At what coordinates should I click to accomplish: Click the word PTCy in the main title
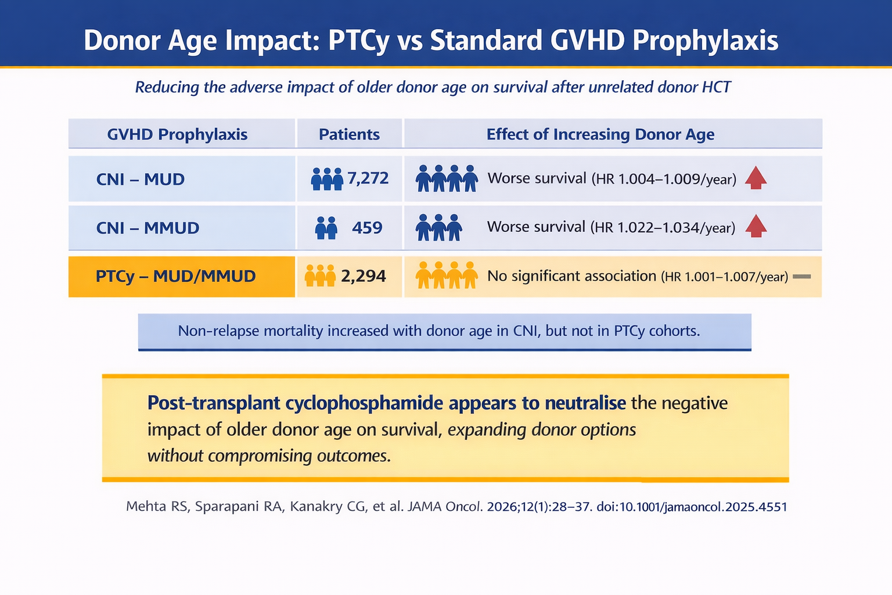359,41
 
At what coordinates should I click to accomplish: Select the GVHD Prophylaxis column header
177,134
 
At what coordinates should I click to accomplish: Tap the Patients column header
349,134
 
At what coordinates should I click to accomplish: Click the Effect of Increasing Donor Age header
600,134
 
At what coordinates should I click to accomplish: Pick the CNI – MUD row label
140,179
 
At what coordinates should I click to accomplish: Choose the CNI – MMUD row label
148,228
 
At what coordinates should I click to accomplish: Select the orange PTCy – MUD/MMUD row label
175,276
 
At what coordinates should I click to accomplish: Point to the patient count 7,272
368,178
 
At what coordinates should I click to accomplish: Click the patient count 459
367,227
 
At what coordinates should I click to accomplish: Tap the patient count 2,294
363,276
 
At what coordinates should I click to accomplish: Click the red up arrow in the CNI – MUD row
756,178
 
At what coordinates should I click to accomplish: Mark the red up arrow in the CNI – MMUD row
756,226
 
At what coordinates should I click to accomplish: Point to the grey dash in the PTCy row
801,277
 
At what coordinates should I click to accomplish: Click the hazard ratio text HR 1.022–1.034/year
663,228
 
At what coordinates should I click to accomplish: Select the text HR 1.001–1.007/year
724,277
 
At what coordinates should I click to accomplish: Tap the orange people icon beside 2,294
320,276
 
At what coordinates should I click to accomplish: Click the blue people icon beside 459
326,228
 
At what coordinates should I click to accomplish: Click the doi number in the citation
692,507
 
